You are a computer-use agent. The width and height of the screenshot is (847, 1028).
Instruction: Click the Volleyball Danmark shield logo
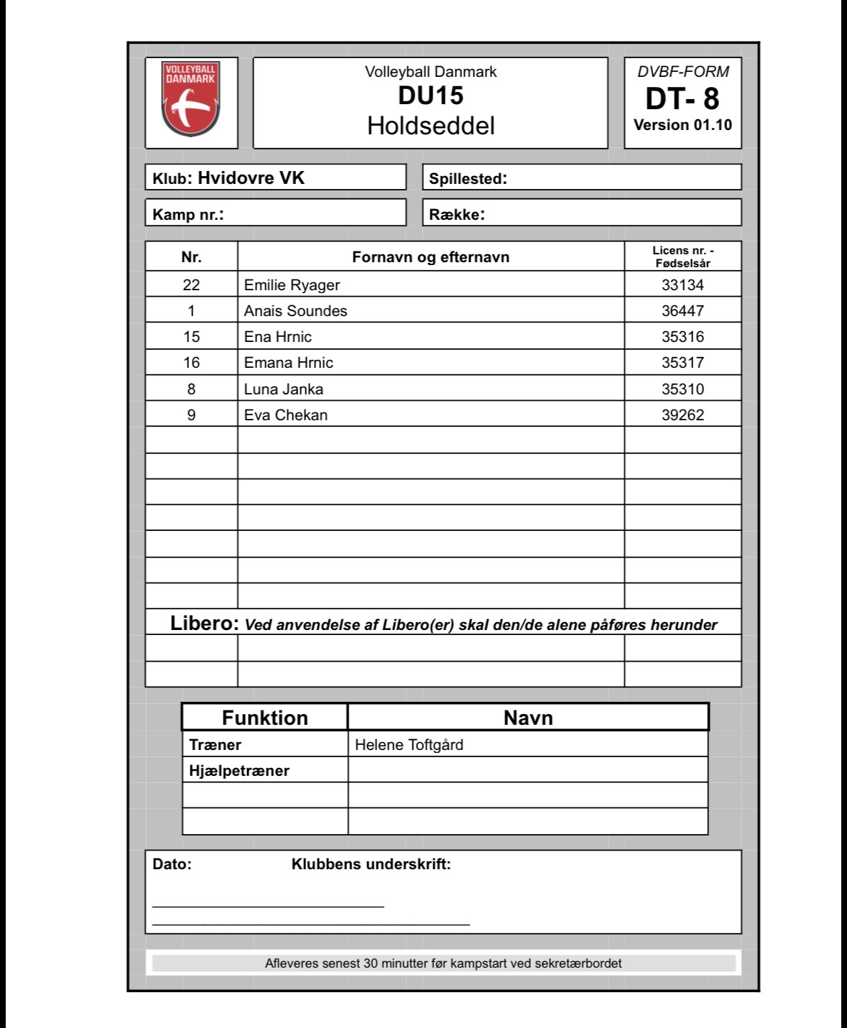[190, 98]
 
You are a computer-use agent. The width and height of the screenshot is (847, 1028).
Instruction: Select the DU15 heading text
[430, 96]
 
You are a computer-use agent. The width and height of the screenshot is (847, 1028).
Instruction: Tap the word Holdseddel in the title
[430, 126]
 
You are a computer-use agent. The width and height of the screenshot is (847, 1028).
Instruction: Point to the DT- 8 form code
[682, 98]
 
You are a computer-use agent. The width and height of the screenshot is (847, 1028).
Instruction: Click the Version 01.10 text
[682, 125]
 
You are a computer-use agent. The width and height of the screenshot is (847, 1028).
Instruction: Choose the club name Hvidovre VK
[251, 178]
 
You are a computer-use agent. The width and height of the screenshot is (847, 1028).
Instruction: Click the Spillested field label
[468, 179]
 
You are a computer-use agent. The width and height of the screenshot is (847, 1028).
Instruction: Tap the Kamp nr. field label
[188, 214]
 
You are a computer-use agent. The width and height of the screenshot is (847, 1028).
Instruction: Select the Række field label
[457, 214]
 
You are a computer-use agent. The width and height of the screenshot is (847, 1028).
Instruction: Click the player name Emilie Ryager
[292, 285]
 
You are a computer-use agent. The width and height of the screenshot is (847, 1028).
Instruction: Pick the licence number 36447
[682, 311]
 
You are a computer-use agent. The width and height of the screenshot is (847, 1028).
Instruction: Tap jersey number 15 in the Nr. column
[191, 337]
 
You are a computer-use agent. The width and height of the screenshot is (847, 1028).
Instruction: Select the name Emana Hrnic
[288, 363]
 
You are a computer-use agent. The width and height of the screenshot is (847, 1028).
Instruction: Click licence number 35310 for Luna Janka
[682, 389]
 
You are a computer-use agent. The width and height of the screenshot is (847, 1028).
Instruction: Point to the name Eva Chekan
[285, 415]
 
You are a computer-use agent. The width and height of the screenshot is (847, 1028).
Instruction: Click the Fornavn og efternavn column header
[430, 257]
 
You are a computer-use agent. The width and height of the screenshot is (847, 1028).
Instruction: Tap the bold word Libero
[204, 624]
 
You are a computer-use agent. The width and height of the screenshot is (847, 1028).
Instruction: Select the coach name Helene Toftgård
[409, 745]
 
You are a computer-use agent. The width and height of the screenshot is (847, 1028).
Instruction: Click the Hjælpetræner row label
[239, 771]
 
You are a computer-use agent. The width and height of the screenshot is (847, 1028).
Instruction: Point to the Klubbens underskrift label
[371, 864]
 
